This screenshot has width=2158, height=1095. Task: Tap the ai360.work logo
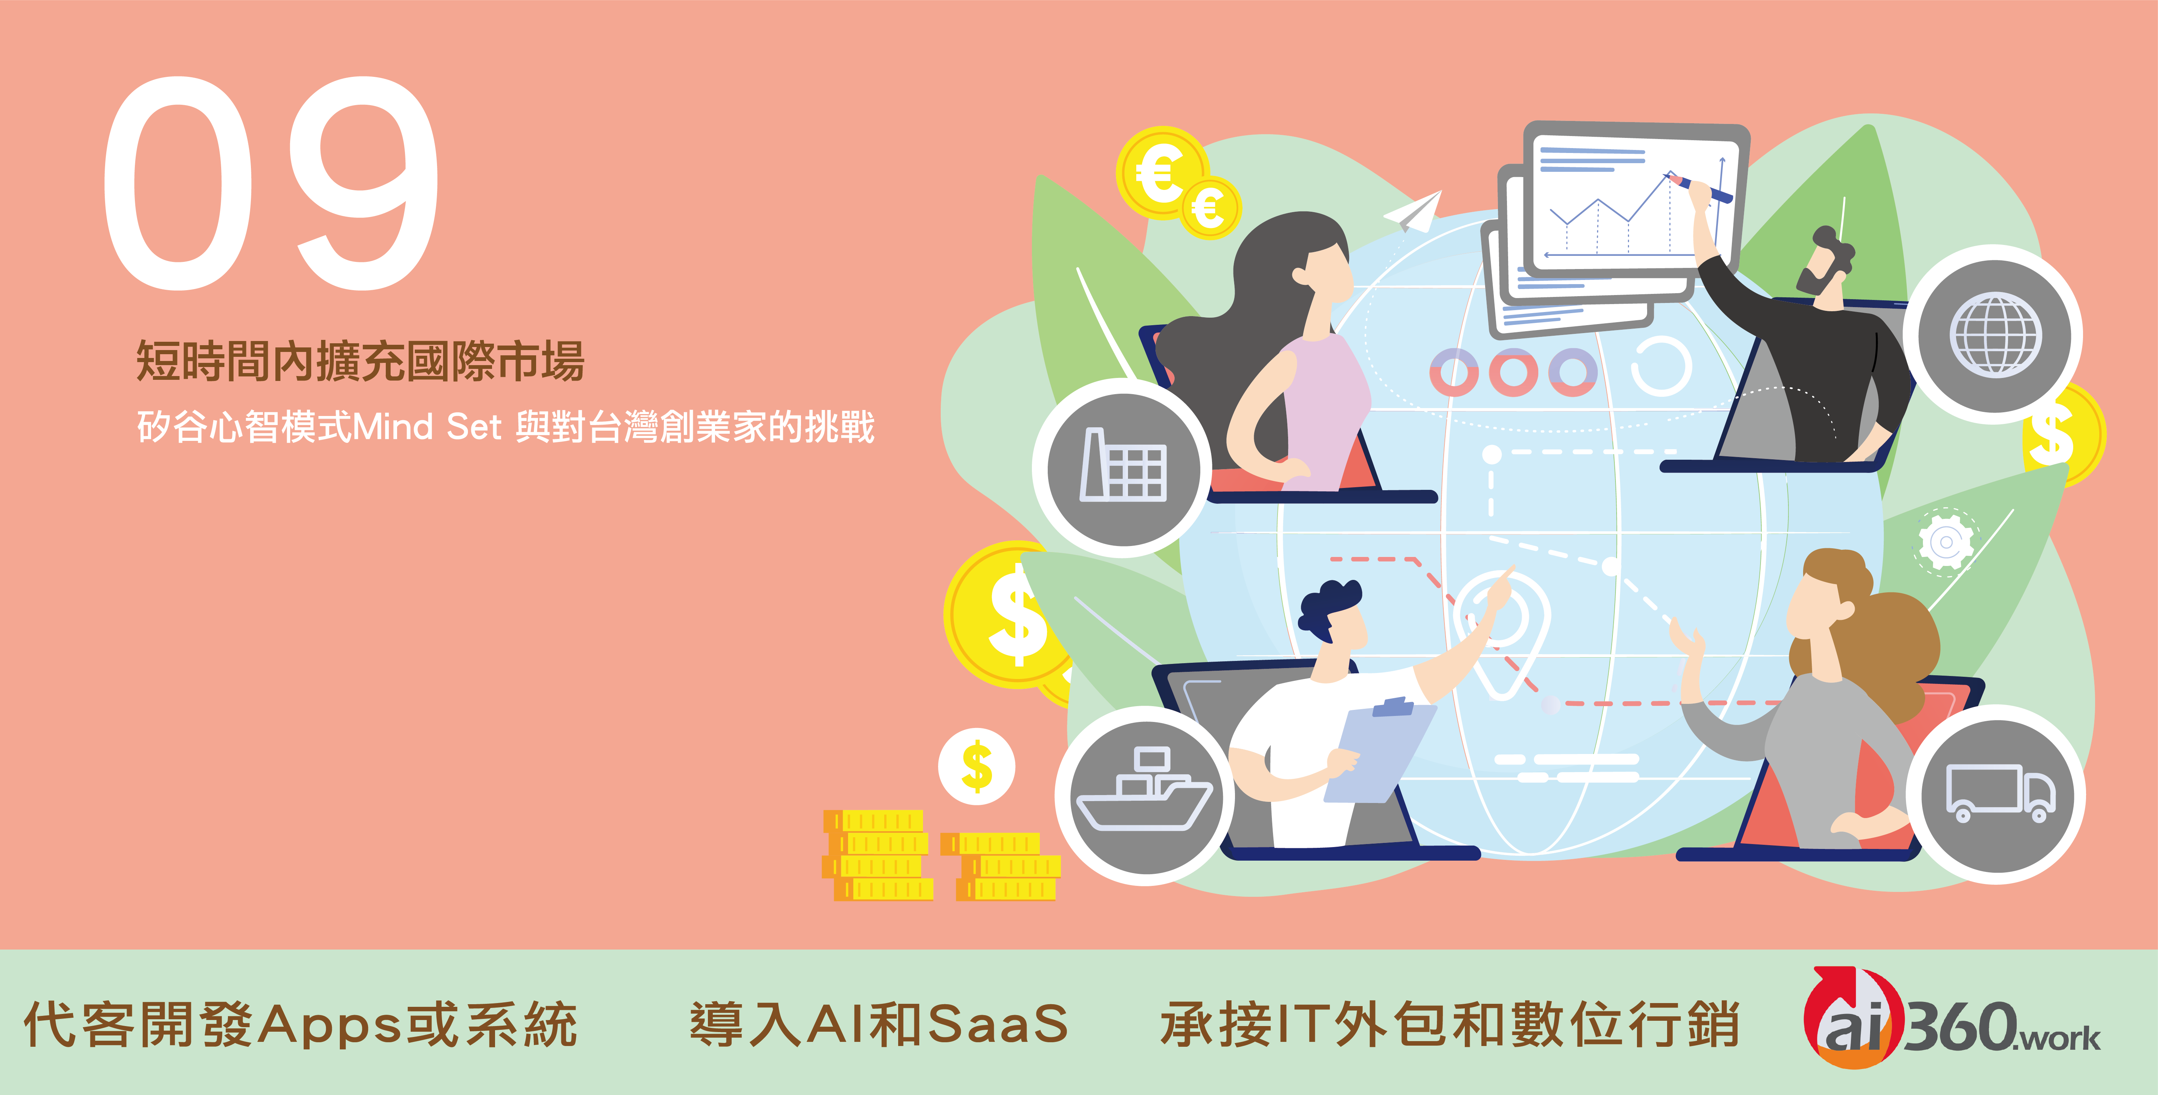coord(1952,1020)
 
